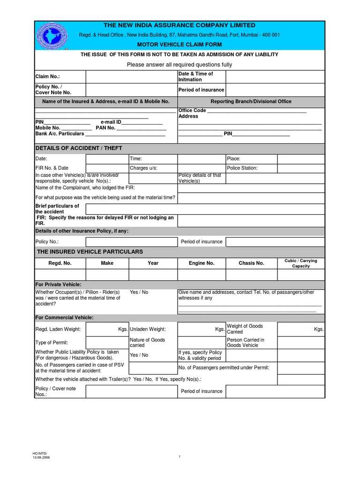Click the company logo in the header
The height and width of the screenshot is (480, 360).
[x=51, y=35]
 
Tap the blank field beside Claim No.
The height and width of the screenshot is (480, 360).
[x=131, y=76]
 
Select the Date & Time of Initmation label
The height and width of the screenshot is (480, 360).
[x=195, y=76]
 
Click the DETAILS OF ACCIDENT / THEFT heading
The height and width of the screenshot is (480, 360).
[x=79, y=148]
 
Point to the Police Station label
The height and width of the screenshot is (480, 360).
[x=242, y=168]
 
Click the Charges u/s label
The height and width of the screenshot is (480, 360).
[x=143, y=168]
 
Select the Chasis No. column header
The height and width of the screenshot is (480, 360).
[x=252, y=263]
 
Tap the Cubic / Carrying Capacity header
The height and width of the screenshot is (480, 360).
[x=300, y=263]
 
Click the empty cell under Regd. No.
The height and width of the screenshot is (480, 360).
[x=60, y=274]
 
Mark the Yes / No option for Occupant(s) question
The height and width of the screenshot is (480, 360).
[x=139, y=292]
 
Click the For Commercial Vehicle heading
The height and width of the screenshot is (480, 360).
[x=65, y=318]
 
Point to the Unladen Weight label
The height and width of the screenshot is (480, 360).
[x=149, y=330]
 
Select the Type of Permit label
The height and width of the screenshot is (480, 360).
[x=52, y=343]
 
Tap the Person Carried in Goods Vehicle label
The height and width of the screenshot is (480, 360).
[x=246, y=342]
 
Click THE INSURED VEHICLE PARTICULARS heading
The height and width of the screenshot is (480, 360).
[x=90, y=252]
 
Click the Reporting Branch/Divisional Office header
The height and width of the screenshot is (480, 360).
[x=251, y=101]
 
